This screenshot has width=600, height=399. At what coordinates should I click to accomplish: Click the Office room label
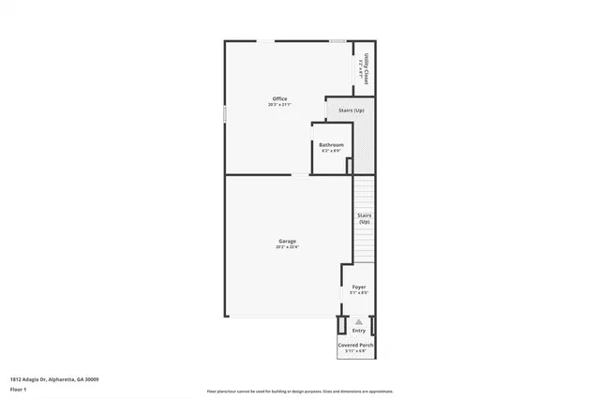[279, 98]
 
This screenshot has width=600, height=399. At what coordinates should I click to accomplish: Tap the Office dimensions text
[279, 104]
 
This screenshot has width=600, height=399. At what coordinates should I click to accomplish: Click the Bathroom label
[331, 144]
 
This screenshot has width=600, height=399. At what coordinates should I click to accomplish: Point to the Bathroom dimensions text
[331, 150]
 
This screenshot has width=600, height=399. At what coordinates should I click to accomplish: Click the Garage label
[287, 242]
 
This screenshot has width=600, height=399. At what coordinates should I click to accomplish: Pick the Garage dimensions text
[287, 247]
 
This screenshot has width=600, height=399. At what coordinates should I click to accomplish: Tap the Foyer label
[359, 288]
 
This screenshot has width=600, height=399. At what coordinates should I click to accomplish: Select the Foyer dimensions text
[359, 293]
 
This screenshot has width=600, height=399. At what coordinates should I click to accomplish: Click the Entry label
[359, 330]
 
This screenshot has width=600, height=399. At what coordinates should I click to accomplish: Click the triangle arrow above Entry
[359, 321]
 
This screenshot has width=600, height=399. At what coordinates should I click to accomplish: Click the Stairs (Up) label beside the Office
[352, 111]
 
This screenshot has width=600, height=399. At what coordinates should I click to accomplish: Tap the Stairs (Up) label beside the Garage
[364, 218]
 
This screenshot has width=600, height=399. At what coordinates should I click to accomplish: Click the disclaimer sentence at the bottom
[300, 391]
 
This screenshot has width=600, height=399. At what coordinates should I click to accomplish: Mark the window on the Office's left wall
[224, 112]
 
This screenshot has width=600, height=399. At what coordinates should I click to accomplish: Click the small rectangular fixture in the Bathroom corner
[349, 166]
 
